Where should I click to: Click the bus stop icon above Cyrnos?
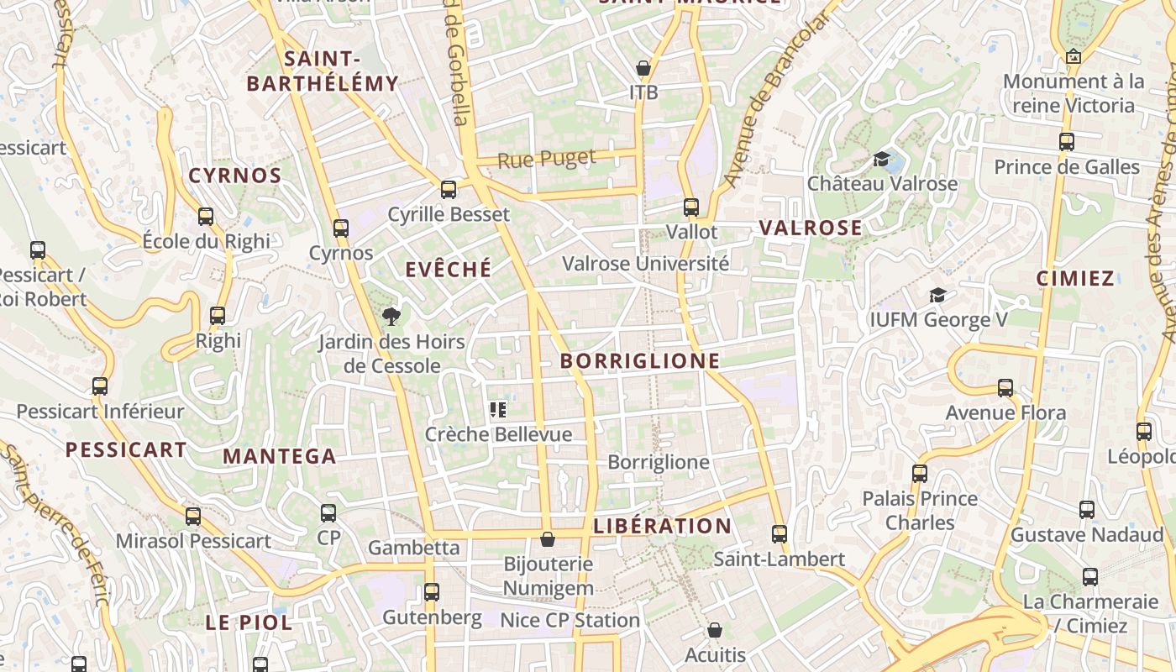(340, 228)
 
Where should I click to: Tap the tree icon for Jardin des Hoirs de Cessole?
(391, 317)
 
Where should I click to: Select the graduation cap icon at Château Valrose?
(881, 159)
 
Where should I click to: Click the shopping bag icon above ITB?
(643, 68)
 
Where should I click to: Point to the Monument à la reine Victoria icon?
(1073, 56)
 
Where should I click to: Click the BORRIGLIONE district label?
(640, 361)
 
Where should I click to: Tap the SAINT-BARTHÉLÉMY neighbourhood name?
(323, 71)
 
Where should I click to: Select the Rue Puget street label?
(547, 159)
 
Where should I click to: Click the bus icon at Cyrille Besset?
(449, 189)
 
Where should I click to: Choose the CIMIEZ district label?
(1075, 279)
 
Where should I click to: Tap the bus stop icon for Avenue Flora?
(1005, 388)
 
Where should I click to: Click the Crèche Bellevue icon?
(498, 410)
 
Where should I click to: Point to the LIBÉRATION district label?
(663, 527)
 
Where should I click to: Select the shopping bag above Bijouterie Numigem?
(548, 538)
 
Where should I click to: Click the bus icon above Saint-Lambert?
(779, 533)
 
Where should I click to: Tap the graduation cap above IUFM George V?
(937, 295)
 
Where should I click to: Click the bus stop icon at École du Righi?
(206, 217)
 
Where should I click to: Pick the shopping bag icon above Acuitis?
(715, 629)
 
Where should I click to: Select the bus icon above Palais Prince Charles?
(920, 473)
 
